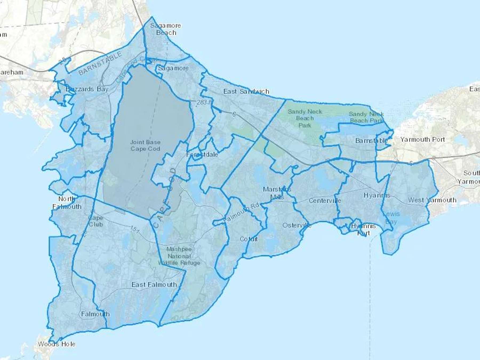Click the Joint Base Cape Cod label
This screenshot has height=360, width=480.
tap(145, 145)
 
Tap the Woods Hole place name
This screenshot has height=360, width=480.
tap(57, 344)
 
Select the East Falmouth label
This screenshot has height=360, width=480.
tap(154, 285)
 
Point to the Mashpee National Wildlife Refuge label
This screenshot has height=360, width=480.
tap(179, 256)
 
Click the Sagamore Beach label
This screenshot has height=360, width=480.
tap(166, 29)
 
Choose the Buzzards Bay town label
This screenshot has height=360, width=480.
tap(87, 89)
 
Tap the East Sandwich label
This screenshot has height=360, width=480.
tap(246, 91)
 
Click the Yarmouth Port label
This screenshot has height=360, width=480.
tap(422, 139)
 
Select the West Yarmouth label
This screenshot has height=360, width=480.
tap(432, 200)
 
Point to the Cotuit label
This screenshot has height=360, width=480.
tap(249, 239)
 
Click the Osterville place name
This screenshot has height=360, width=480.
tap(297, 225)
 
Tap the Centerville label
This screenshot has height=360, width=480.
tap(325, 201)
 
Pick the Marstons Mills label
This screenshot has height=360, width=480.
tap(277, 193)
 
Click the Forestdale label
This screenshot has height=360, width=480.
tap(202, 154)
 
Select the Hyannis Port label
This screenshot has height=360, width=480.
tap(363, 229)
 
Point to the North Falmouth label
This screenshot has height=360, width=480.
tap(67, 203)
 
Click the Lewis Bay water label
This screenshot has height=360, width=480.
tap(391, 218)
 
